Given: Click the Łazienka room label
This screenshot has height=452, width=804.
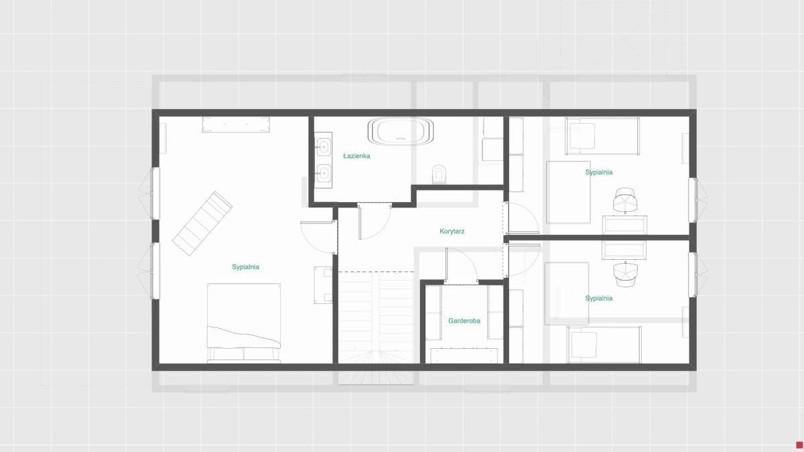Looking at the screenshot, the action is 356,156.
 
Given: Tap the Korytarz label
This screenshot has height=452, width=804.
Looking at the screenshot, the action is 452,232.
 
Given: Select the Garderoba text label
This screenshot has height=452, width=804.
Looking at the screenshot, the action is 464,321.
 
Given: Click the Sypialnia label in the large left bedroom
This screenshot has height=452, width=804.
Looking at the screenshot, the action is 245,267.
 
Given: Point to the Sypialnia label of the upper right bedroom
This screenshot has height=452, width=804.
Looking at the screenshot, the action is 599,172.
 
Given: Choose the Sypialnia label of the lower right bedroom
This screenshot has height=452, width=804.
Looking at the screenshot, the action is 599,298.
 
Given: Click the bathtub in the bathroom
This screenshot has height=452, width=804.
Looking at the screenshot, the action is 401,131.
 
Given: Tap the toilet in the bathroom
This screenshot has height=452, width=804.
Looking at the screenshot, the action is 439,174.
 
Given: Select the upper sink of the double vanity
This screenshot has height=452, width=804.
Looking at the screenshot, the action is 324,147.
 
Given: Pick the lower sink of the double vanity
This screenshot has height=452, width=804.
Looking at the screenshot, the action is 324,173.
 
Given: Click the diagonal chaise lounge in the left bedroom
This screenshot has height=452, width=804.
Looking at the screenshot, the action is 202,224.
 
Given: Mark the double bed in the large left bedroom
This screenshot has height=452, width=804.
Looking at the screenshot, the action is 244,323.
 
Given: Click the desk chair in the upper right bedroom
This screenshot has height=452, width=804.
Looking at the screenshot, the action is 625,200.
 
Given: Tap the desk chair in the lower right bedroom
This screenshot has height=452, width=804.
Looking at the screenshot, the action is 625,275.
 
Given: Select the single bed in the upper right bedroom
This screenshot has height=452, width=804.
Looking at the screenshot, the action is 602,136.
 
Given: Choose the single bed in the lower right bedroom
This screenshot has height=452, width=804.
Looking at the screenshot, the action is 604,345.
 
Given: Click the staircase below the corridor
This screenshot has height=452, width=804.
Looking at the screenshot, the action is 376,317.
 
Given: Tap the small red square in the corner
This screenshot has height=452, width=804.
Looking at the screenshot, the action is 799,445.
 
